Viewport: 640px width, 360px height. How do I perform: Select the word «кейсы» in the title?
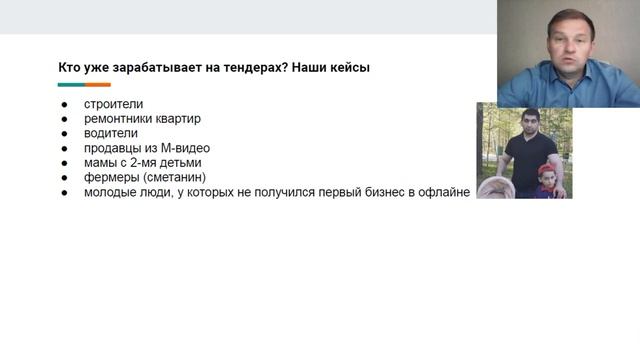349,68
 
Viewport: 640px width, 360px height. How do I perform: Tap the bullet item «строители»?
113,103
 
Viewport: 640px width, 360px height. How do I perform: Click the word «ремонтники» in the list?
119,118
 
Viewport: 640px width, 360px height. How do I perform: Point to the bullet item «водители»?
111,133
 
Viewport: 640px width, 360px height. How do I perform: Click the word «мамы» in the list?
102,163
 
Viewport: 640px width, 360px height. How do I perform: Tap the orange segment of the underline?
97,85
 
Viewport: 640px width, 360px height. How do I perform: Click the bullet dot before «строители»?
63,104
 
